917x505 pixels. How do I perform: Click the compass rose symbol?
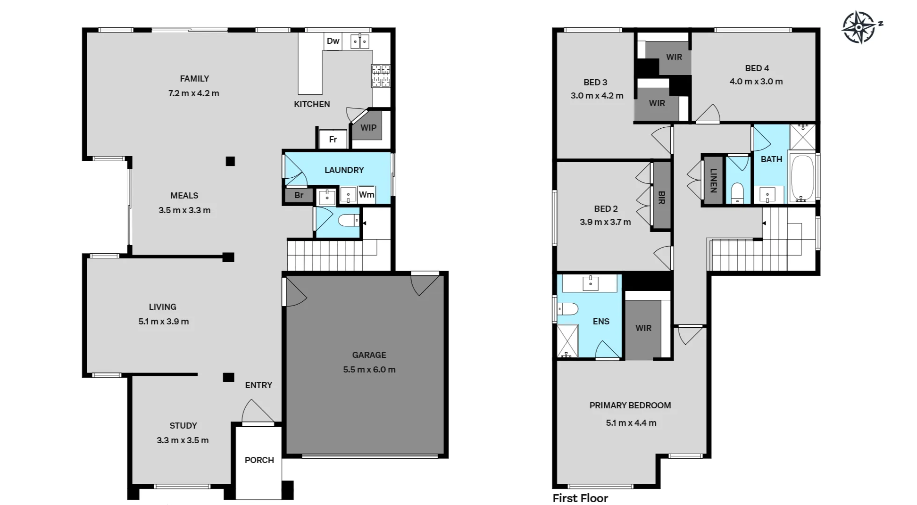[x=859, y=27]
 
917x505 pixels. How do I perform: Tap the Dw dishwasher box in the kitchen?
[x=333, y=41]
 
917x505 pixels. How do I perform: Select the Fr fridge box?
[x=333, y=139]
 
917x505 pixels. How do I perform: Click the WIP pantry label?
[x=368, y=128]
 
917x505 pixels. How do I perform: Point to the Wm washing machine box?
[x=367, y=195]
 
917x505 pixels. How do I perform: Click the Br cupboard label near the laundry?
[x=299, y=195]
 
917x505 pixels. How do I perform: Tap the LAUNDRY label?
[x=344, y=170]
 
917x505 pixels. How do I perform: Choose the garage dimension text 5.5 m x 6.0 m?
[x=369, y=370]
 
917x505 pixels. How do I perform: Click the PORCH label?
[x=259, y=460]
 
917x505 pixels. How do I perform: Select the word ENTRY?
[x=258, y=385]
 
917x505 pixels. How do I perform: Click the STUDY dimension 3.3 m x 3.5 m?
[x=183, y=440]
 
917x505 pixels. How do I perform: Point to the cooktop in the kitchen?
[x=381, y=76]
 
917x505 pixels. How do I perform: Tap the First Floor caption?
[x=580, y=498]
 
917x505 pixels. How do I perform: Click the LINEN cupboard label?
[x=713, y=181]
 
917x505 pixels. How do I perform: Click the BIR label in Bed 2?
[x=661, y=197]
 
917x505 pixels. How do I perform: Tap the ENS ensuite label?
[x=601, y=322]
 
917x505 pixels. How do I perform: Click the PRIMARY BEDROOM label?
[x=630, y=406]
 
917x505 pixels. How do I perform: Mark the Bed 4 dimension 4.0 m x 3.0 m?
[x=756, y=82]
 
